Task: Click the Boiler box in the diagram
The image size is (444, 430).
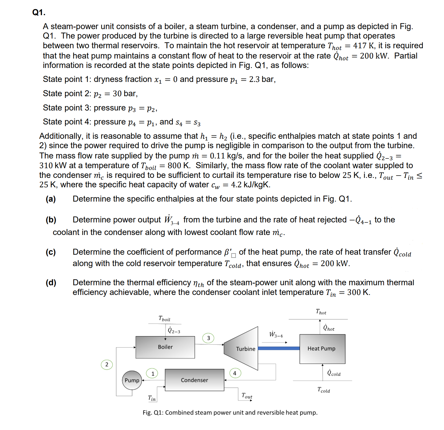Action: click(165, 347)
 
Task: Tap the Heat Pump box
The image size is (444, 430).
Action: click(322, 349)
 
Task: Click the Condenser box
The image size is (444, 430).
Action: click(194, 380)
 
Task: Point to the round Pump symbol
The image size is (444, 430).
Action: click(132, 380)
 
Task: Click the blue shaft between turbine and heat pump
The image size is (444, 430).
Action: click(279, 348)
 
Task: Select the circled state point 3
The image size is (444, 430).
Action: click(208, 338)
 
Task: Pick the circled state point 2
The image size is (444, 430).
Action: click(107, 365)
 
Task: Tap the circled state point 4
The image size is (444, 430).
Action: click(235, 373)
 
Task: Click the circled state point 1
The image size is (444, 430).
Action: click(152, 373)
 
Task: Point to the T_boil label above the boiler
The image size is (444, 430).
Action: click(164, 319)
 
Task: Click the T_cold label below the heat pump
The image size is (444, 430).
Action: click(324, 390)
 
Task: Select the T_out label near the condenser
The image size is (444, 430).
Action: click(247, 396)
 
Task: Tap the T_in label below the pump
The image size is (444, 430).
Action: click(152, 398)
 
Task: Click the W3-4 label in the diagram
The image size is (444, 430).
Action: click(276, 334)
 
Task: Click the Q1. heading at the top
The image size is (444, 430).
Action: click(39, 13)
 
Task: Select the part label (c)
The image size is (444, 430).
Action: click(51, 252)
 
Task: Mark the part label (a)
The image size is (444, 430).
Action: click(51, 199)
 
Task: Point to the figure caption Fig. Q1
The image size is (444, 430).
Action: click(230, 413)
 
